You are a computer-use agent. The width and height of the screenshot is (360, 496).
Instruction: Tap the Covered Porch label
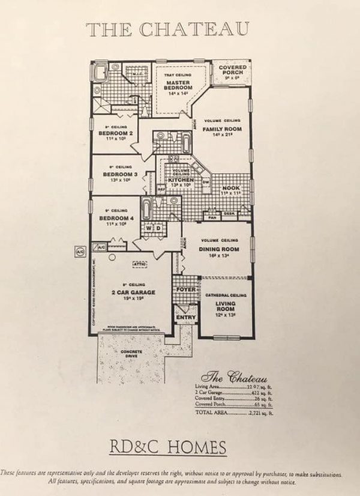tap(232, 70)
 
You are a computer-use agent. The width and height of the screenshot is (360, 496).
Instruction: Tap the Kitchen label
tap(179, 180)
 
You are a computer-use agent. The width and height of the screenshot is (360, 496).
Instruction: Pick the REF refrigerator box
tap(161, 189)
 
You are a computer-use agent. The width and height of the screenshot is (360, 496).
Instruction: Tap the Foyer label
tap(184, 289)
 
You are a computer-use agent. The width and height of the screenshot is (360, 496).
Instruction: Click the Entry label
tap(185, 317)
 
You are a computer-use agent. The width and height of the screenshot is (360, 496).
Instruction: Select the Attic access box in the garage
tap(140, 264)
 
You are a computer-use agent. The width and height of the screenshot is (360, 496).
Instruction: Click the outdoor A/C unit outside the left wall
tap(78, 252)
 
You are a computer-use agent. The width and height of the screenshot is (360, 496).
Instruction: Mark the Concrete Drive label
tap(131, 354)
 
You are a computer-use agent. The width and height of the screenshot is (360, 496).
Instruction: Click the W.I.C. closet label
tap(136, 75)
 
